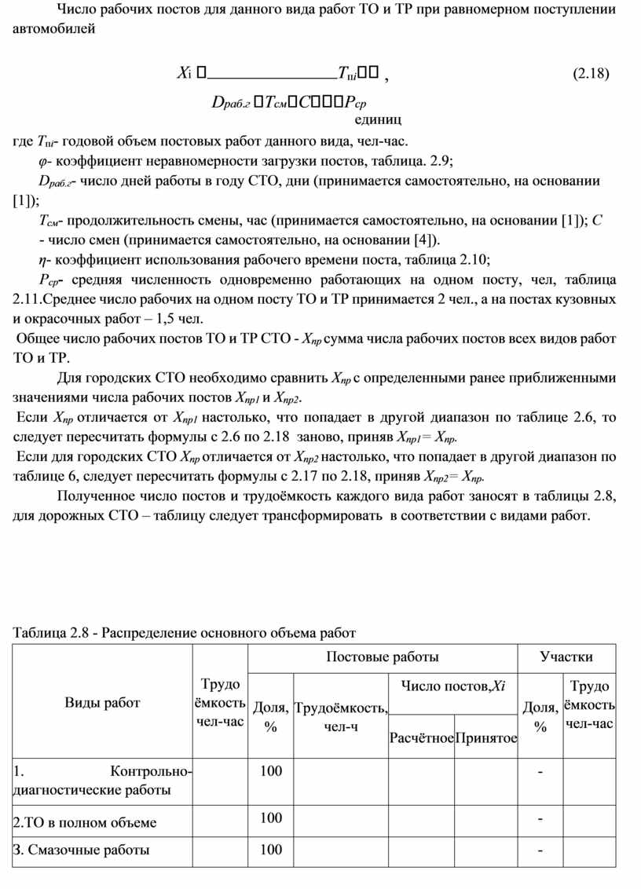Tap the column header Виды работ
point(102,702)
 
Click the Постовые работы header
point(382,657)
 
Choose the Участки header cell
point(566,657)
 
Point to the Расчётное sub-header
point(422,738)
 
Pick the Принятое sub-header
point(486,738)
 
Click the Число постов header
point(452,687)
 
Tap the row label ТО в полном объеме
point(86,822)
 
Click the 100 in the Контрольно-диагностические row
point(271,771)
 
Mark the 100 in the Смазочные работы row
point(271,850)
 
